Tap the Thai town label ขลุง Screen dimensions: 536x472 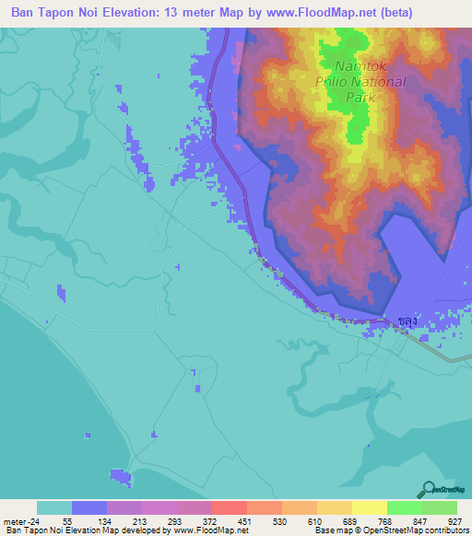tap(408, 320)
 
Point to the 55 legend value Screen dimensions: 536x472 tap(66, 520)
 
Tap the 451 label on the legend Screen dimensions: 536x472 tap(243, 520)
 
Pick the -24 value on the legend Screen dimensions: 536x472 tap(34, 520)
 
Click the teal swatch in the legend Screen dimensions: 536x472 tap(54, 507)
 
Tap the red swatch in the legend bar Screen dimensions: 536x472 tap(229, 507)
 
